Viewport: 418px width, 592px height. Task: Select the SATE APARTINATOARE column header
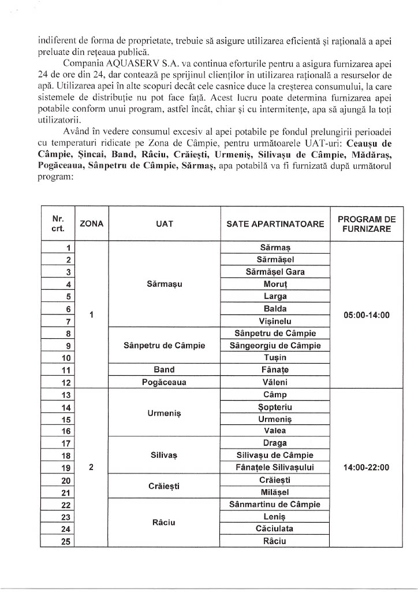[275, 224]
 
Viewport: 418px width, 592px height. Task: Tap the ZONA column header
[92, 224]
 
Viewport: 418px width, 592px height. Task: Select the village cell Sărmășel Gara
[275, 272]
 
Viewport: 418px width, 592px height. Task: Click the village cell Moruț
[275, 284]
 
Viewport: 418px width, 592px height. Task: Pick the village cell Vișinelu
[275, 321]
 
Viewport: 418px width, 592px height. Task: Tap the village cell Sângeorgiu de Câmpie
[275, 346]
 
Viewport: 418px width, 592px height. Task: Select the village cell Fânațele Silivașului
[275, 467]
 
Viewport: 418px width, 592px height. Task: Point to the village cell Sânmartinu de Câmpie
[275, 504]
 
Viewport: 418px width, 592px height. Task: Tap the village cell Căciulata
[275, 528]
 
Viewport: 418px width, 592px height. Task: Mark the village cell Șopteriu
[275, 406]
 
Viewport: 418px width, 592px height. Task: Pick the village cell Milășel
[275, 492]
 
